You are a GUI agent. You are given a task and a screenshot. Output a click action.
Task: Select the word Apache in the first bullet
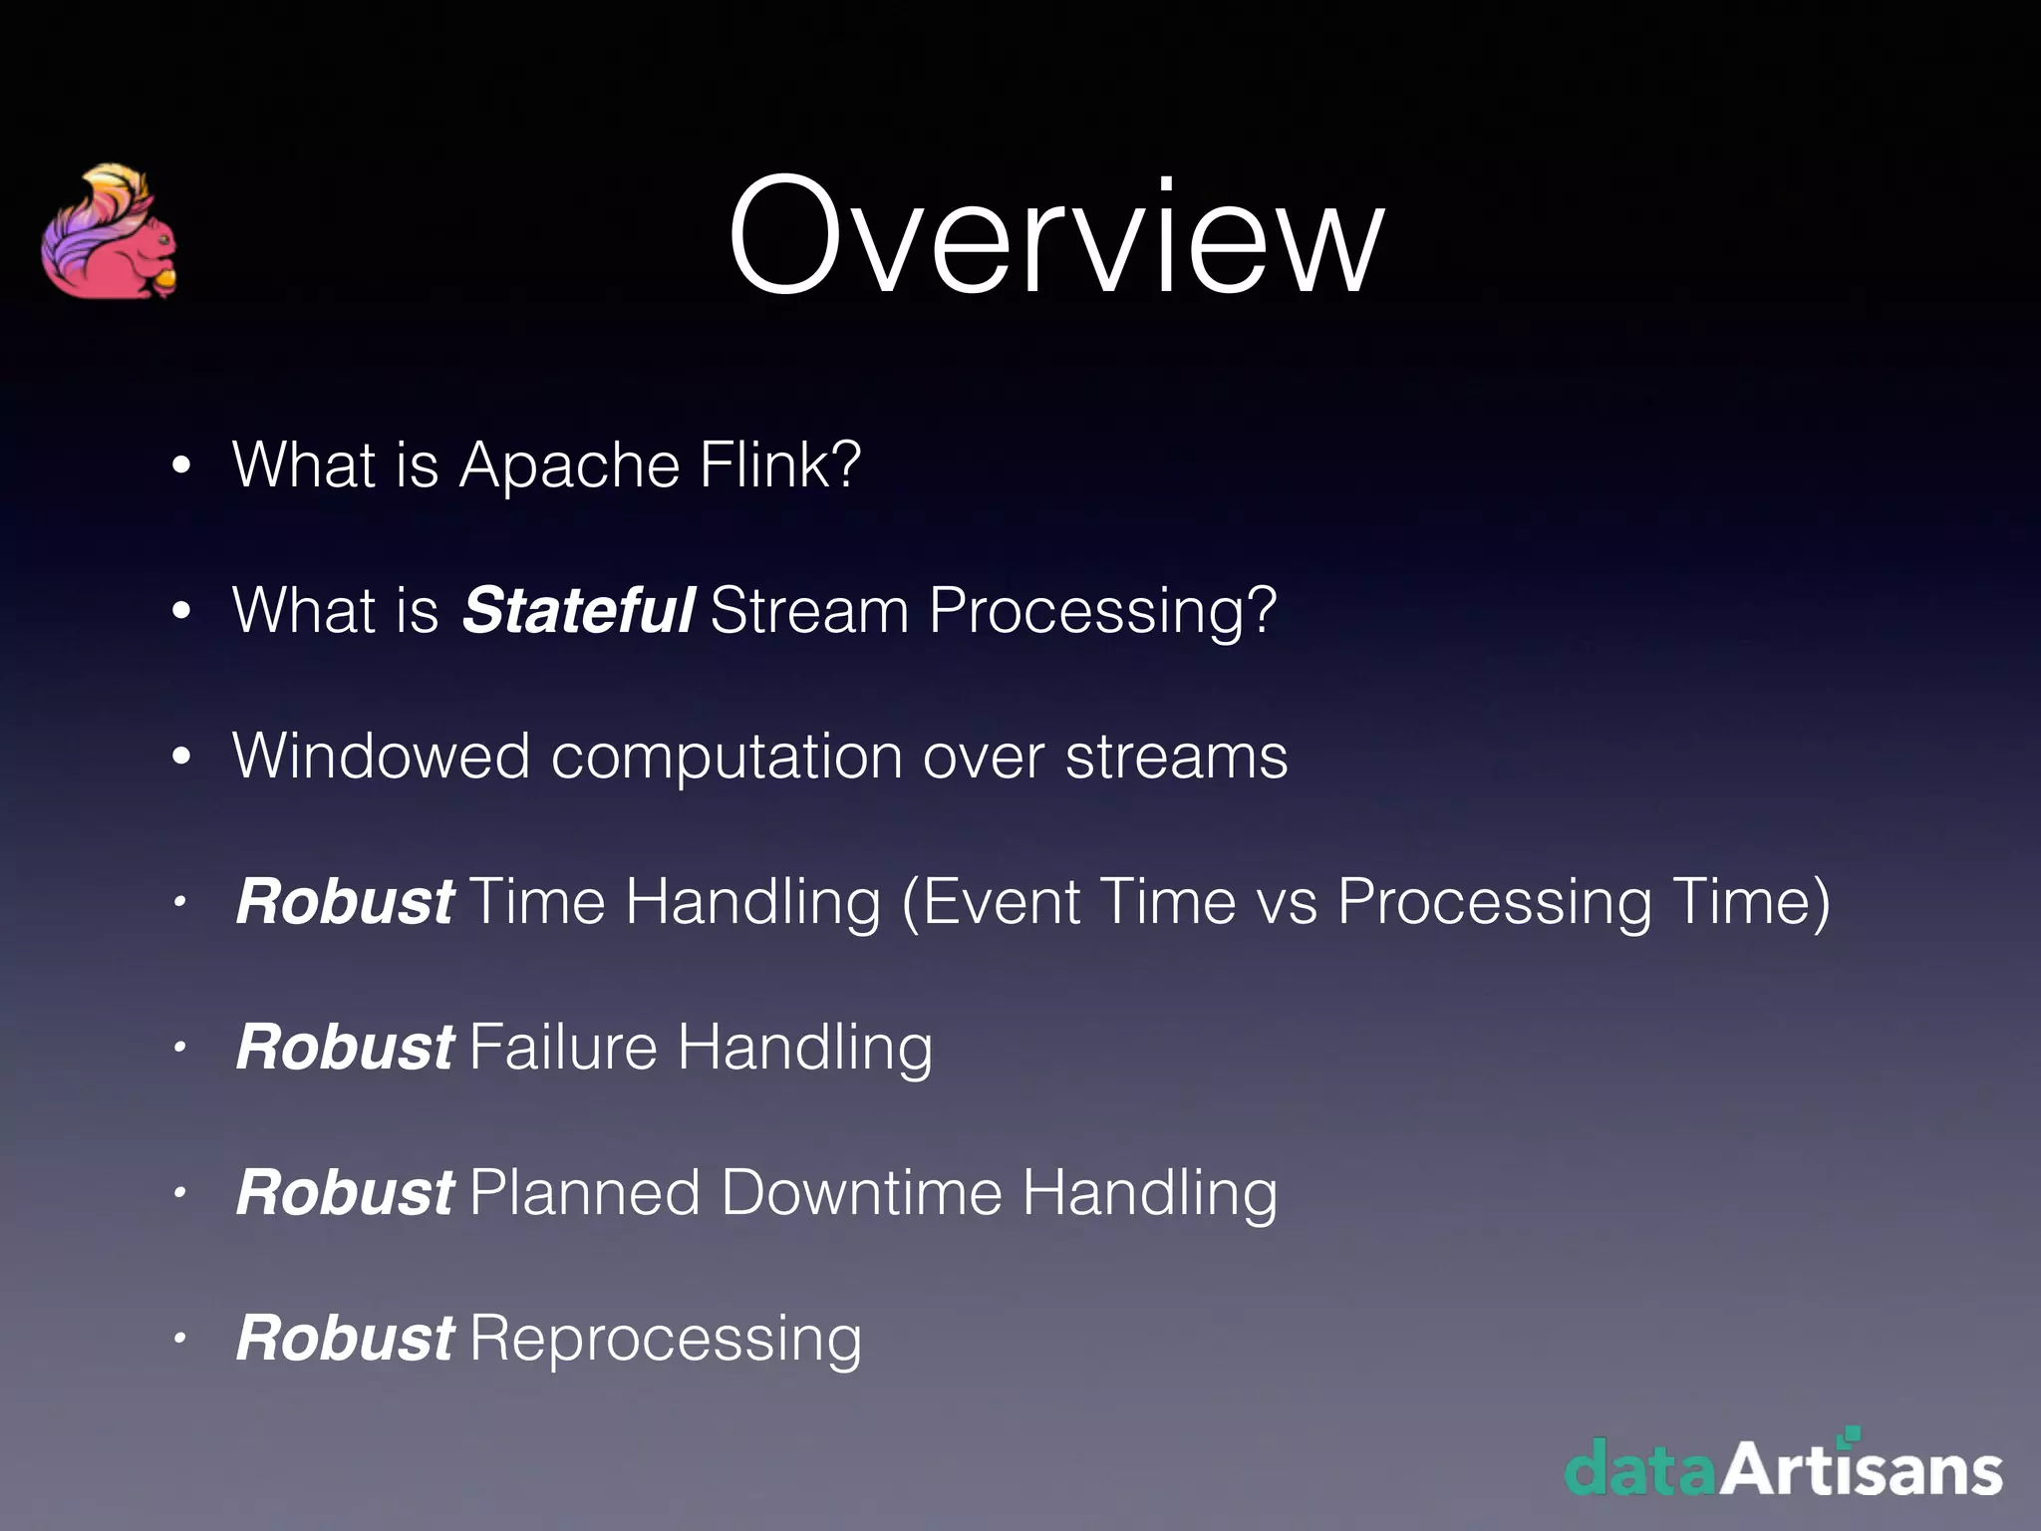[568, 465]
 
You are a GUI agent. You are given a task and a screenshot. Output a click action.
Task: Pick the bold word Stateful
[577, 610]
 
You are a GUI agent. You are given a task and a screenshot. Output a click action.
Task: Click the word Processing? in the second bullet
[1102, 612]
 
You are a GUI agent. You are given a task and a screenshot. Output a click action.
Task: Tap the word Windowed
[381, 756]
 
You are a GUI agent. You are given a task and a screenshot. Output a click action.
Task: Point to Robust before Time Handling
[345, 902]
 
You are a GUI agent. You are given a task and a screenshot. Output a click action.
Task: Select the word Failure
[563, 1048]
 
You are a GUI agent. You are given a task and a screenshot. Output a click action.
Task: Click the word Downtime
[861, 1193]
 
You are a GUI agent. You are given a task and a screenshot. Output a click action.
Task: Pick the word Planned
[585, 1193]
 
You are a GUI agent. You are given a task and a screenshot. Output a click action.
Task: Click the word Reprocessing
[665, 1340]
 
